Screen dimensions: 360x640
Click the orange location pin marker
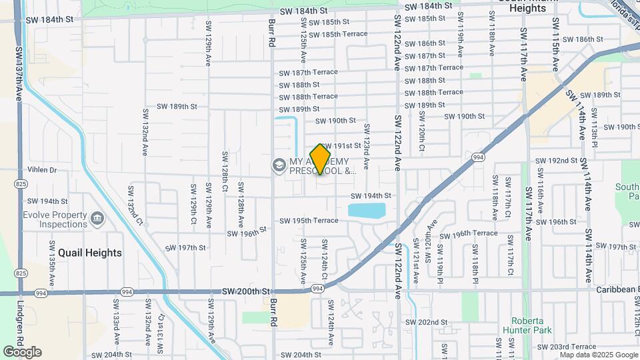pyautogui.click(x=321, y=159)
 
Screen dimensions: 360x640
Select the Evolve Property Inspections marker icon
pyautogui.click(x=97, y=219)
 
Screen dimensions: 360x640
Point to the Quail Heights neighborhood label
pyautogui.click(x=90, y=253)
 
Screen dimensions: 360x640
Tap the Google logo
pyautogui.click(x=22, y=352)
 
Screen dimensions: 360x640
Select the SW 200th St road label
pyautogui.click(x=245, y=291)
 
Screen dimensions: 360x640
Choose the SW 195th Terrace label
pyautogui.click(x=309, y=221)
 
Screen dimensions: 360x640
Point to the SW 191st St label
pyautogui.click(x=343, y=145)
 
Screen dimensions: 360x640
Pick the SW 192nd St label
pyautogui.click(x=556, y=161)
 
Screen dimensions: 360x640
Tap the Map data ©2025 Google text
pyautogui.click(x=599, y=355)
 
